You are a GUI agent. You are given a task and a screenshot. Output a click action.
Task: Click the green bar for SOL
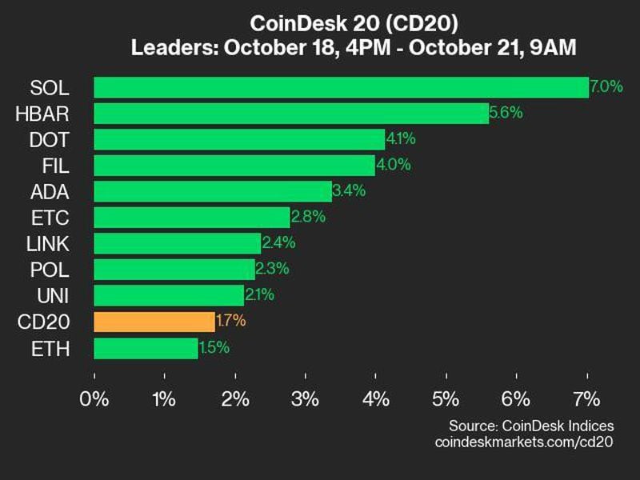(341, 87)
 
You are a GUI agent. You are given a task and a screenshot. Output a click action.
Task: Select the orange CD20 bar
(154, 322)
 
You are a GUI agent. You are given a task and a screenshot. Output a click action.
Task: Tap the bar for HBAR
(291, 114)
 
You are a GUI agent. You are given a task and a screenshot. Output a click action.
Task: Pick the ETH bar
(146, 348)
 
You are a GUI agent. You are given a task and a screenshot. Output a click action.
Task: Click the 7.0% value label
(606, 87)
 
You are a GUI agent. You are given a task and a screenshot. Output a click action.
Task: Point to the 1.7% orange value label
(230, 322)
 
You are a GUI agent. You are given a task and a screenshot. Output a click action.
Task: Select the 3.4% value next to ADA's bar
(349, 191)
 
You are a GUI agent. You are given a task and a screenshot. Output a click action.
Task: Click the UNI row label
(53, 296)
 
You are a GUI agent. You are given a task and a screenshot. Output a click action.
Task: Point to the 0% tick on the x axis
(94, 398)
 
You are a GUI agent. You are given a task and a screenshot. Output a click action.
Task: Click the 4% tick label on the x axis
(376, 398)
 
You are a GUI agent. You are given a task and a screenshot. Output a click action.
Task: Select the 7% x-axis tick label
(587, 398)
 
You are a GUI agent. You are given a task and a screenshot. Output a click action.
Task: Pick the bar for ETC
(192, 218)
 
